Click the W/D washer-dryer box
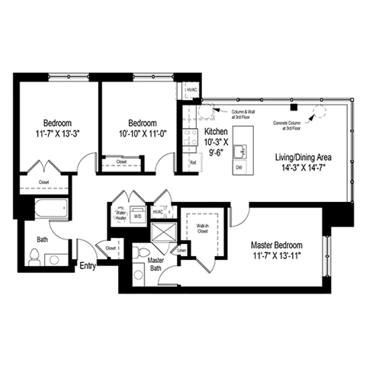[138, 215]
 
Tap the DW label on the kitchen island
[239, 167]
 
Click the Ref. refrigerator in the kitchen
[193, 162]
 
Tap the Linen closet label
[181, 250]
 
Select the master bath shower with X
[162, 233]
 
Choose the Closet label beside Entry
[111, 249]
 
